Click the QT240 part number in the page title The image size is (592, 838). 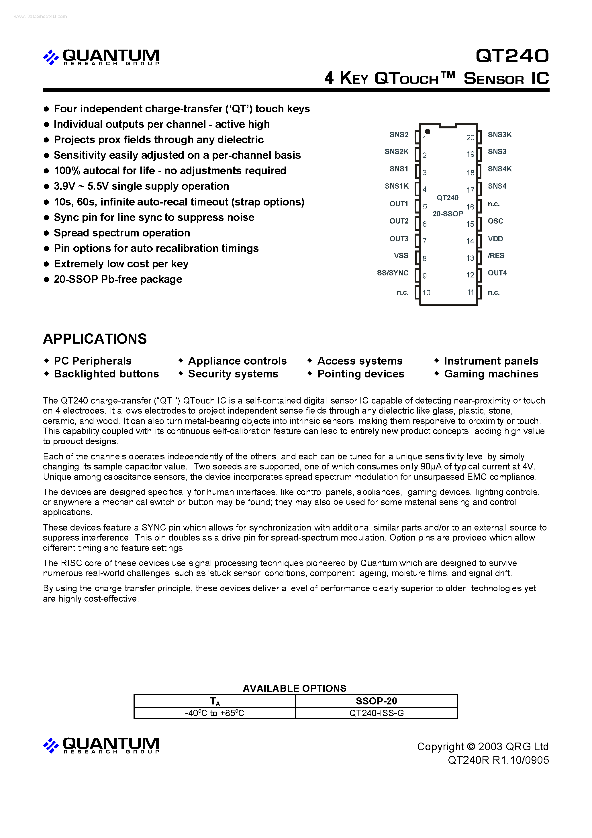coord(512,56)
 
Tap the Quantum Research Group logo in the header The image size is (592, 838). coord(101,57)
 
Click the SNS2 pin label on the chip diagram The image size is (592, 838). coord(399,135)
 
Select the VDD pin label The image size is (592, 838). coord(495,239)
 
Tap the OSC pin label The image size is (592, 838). coord(495,221)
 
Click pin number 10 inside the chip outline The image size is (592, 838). coord(426,293)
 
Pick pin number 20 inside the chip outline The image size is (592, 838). coord(470,138)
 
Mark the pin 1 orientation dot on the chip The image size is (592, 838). coord(428,131)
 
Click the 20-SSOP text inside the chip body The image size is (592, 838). coord(448,214)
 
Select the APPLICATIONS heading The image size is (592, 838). coord(95,339)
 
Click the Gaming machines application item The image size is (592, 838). coord(491,374)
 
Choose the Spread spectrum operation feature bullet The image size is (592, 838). coord(122,233)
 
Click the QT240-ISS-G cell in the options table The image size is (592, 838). coord(376,713)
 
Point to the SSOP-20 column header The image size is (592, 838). coord(376,701)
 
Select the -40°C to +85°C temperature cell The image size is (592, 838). coord(215,713)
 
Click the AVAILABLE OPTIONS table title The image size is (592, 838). coord(295,688)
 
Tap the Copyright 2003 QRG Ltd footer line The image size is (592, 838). coord(483,747)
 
